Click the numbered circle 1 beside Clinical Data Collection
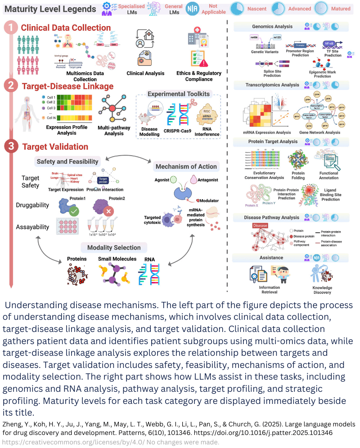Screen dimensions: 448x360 coord(11,28)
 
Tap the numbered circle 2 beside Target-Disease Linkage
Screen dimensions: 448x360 coord(11,86)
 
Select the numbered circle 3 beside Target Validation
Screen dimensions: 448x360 coord(11,147)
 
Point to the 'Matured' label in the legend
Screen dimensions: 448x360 coord(340,9)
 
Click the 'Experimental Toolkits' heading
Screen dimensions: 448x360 coord(178,94)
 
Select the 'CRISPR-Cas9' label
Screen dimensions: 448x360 coord(178,130)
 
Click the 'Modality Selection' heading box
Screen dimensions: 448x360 coord(114,247)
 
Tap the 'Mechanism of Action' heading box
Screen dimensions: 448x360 coord(186,166)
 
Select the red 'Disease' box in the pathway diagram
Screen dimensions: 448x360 coord(260,226)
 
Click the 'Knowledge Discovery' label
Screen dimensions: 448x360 coord(322,290)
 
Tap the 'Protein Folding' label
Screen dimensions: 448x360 coord(298,175)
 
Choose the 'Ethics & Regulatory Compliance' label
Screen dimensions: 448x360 coord(199,76)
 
